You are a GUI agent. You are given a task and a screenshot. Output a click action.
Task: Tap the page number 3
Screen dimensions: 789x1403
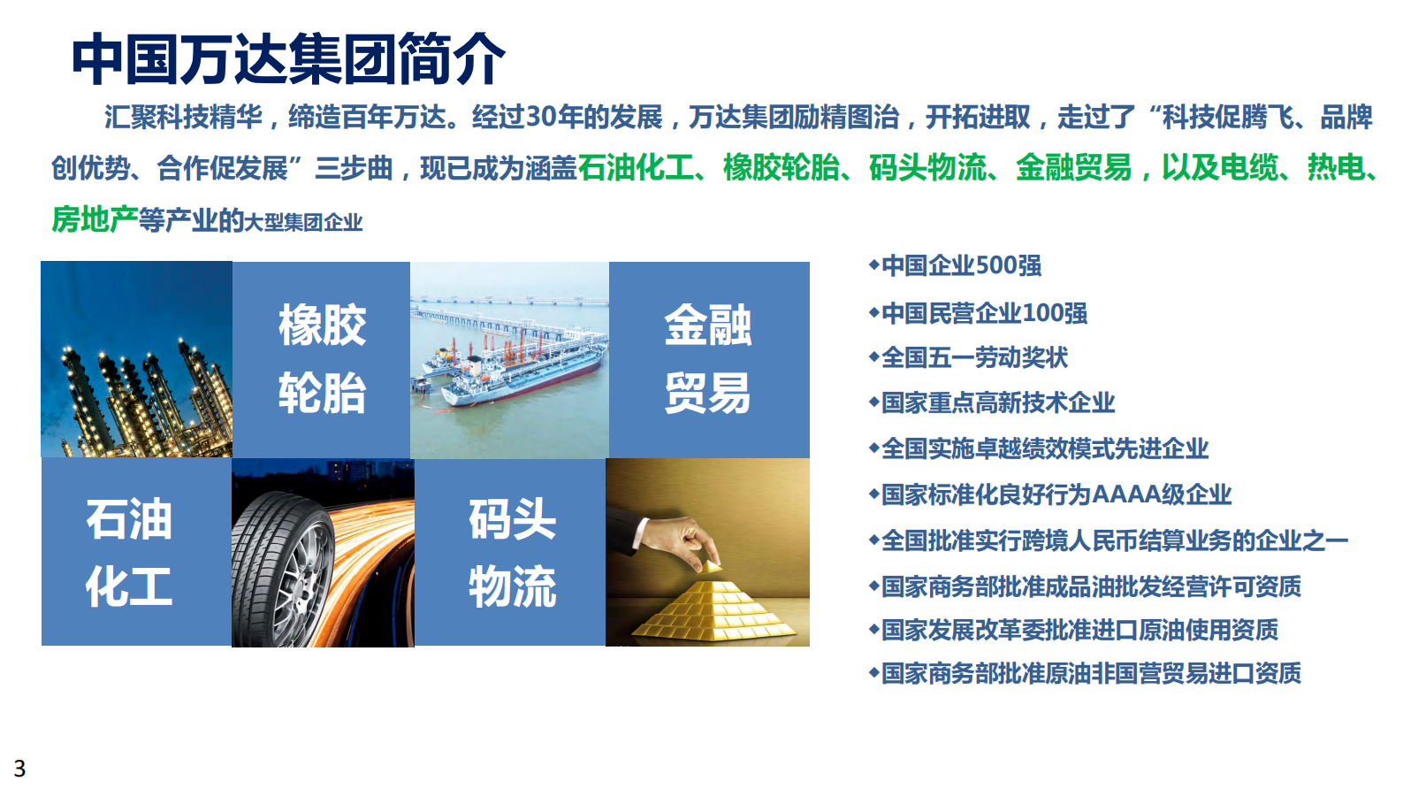(x=19, y=768)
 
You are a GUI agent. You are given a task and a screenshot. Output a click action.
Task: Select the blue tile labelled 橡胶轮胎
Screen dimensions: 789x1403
(x=322, y=358)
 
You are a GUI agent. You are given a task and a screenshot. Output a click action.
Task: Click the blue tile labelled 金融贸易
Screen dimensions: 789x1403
(x=708, y=358)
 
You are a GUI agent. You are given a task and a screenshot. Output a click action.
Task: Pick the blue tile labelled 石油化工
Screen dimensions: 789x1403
(x=129, y=552)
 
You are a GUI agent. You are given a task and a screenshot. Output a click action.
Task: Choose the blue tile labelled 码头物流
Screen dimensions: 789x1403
(x=512, y=552)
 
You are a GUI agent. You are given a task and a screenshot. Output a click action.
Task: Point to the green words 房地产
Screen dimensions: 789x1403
(x=94, y=219)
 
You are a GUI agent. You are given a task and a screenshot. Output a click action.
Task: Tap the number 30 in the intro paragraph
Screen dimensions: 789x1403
(x=540, y=116)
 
